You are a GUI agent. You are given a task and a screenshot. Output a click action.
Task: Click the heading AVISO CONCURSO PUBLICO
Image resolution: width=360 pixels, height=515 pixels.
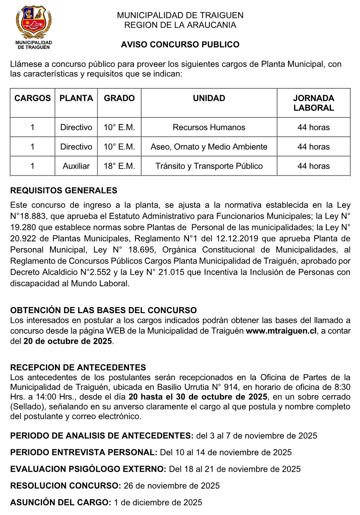point(180,45)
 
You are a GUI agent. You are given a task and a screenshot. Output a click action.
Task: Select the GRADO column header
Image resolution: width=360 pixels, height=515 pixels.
point(119,98)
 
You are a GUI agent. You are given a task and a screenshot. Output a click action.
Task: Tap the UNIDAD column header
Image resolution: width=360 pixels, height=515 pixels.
point(209,98)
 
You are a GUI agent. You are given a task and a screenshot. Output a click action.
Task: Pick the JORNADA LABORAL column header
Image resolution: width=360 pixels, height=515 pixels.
point(314,103)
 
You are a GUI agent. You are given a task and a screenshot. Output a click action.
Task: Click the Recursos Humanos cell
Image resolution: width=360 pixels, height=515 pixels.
point(209,127)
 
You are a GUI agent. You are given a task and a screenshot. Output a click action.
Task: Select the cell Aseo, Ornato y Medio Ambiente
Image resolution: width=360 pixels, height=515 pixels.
point(209,147)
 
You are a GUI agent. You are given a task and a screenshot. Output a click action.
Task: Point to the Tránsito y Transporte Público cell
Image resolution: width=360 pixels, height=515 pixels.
point(209,166)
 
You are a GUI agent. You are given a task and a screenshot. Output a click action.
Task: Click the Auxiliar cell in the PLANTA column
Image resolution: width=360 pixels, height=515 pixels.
point(76,166)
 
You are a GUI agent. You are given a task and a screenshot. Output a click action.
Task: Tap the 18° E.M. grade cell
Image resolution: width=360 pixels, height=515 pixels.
point(119,166)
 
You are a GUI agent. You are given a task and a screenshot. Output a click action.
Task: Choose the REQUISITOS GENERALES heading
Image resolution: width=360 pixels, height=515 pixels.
point(64,190)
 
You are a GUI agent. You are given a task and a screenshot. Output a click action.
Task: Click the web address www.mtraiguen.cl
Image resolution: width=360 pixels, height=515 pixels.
point(281,331)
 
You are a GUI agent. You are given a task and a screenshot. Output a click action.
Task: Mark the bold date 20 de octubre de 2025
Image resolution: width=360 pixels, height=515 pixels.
point(68,341)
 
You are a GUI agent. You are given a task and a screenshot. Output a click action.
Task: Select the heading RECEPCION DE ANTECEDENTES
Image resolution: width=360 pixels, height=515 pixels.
point(78,368)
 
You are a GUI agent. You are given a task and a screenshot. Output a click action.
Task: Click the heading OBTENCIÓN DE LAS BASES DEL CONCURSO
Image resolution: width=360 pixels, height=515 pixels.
point(104,310)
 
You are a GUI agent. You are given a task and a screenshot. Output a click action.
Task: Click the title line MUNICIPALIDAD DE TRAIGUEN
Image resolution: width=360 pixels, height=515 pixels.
point(180,15)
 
